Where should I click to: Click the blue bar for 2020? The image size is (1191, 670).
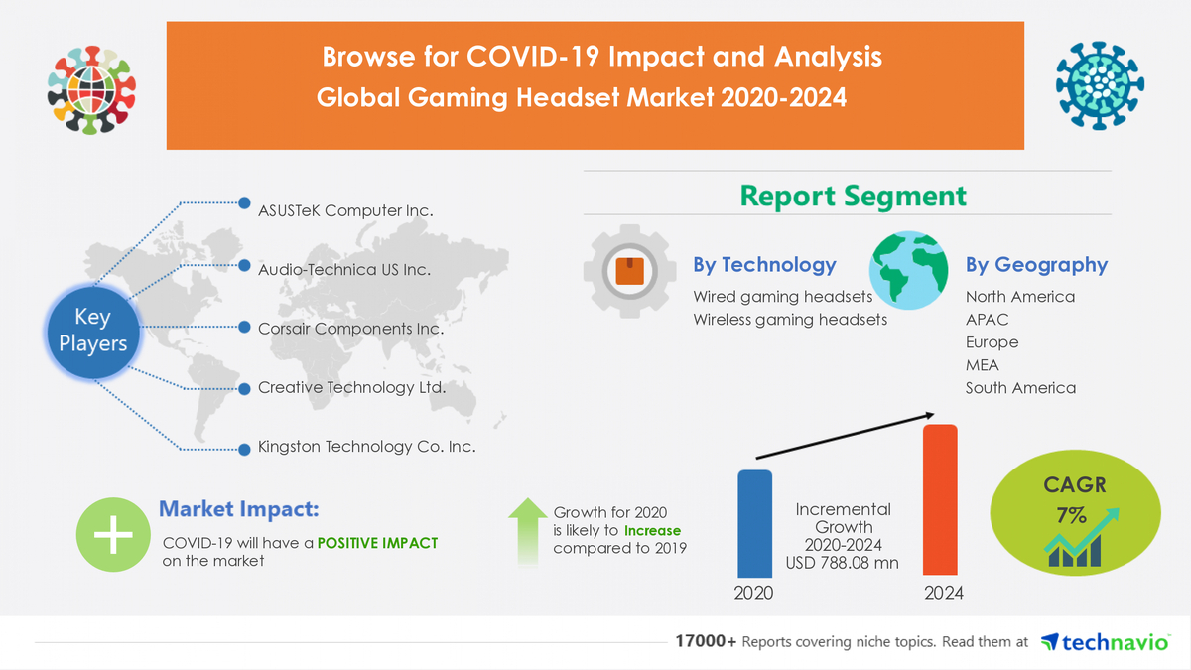tap(754, 523)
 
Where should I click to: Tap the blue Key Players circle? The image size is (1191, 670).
tap(93, 331)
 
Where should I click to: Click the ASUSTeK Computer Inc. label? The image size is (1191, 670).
tap(345, 210)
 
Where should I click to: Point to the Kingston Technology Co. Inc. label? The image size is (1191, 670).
tap(366, 447)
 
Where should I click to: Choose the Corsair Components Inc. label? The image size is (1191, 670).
tap(350, 329)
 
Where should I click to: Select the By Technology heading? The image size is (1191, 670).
tap(764, 265)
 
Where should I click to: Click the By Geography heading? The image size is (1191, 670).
tap(1036, 265)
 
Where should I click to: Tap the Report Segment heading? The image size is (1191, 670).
tap(853, 196)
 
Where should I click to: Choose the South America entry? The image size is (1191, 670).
tap(1020, 388)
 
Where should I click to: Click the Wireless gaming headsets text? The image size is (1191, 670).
tap(790, 320)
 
